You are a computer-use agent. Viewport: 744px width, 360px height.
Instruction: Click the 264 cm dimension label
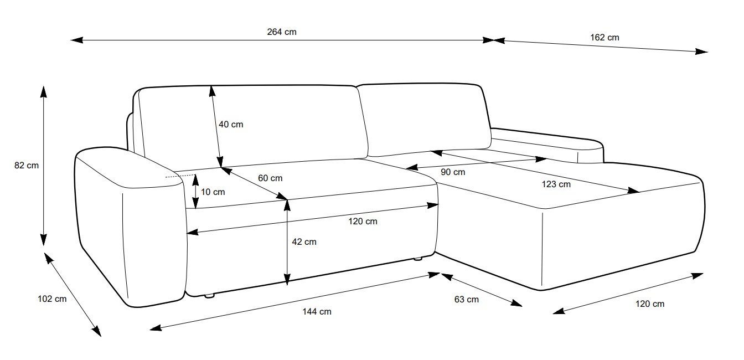click(x=282, y=32)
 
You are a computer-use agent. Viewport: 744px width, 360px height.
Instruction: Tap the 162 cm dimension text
click(x=604, y=38)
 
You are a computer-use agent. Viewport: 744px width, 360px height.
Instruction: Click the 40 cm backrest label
click(x=231, y=125)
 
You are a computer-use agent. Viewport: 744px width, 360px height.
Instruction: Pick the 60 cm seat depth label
click(x=270, y=178)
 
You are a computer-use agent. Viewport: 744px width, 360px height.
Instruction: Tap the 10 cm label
click(x=213, y=192)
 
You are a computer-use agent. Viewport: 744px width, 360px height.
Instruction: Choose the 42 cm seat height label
click(x=304, y=241)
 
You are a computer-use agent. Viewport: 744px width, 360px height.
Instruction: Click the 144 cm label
click(x=317, y=312)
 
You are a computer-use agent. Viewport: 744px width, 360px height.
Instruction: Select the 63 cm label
click(x=466, y=300)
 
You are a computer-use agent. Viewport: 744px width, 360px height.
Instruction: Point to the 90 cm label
click(x=453, y=172)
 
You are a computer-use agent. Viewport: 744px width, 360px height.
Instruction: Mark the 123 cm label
click(x=556, y=184)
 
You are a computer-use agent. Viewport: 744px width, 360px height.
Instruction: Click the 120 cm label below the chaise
click(x=650, y=304)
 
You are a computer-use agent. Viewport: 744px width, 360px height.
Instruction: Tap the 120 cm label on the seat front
click(x=363, y=222)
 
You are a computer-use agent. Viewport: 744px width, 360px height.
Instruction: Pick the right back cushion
click(x=423, y=119)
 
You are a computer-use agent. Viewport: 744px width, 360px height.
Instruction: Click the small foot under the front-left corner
click(x=209, y=296)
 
